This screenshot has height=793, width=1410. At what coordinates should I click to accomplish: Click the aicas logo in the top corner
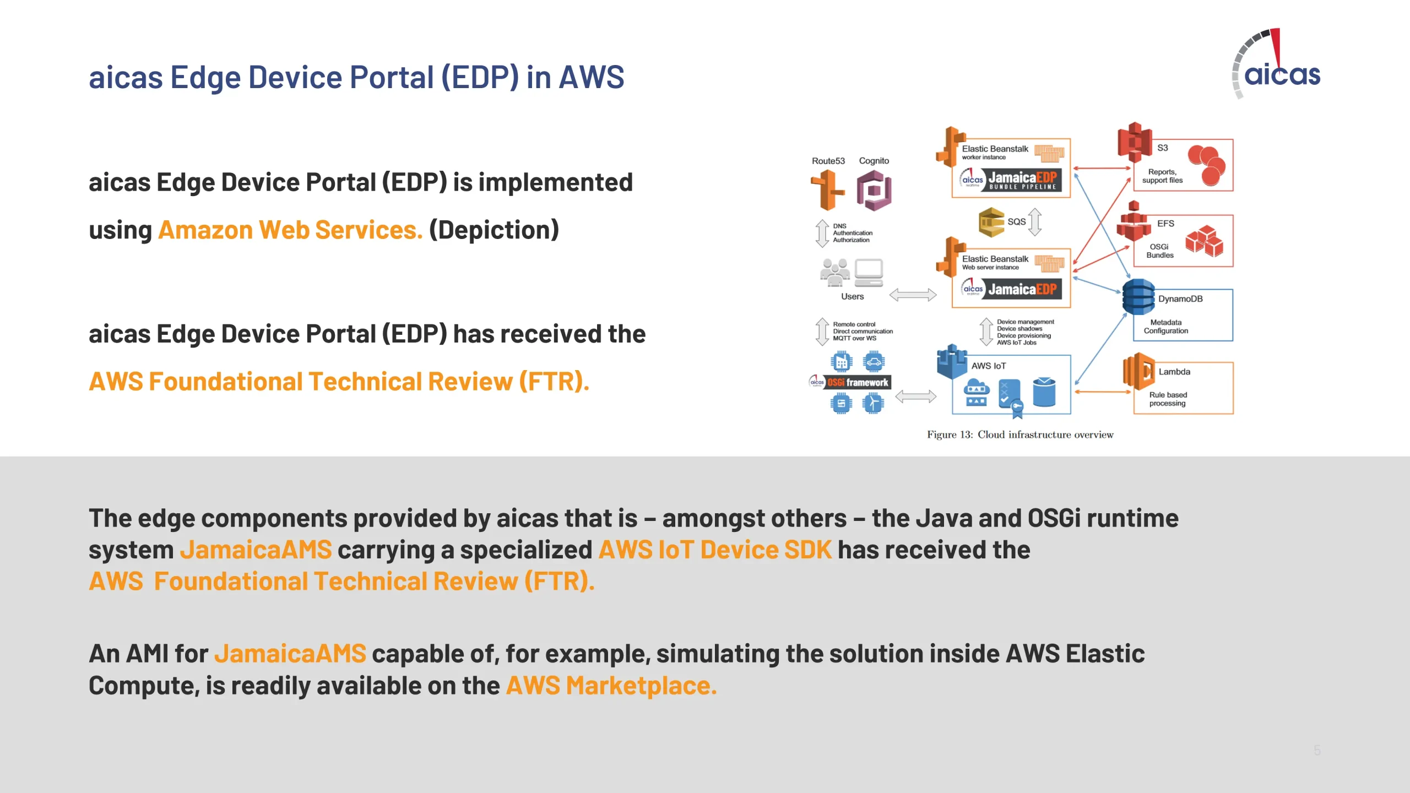click(x=1276, y=64)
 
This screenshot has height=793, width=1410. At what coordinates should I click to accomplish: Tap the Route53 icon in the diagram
click(x=827, y=190)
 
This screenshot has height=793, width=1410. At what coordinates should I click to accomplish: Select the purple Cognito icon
click(x=874, y=191)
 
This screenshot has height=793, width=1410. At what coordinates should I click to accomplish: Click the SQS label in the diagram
click(x=1016, y=221)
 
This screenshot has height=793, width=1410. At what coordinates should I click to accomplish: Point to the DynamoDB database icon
click(x=1138, y=297)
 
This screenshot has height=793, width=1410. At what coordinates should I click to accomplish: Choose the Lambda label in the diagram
click(x=1174, y=372)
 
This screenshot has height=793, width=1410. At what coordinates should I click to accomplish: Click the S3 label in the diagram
click(x=1162, y=148)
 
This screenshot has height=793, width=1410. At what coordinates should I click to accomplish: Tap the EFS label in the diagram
click(x=1165, y=223)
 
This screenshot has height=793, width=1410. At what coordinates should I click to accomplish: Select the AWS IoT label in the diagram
click(x=988, y=366)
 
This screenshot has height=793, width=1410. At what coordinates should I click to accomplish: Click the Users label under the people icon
click(x=852, y=296)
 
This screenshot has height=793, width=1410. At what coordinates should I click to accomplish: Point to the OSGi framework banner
click(x=850, y=382)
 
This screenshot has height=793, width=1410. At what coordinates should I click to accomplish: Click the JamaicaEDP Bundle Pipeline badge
click(x=1011, y=180)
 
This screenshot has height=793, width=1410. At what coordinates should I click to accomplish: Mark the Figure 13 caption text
click(x=1020, y=434)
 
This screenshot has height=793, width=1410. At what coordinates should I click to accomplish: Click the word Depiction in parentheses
click(x=494, y=230)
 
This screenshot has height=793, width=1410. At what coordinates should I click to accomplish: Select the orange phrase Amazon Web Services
click(x=290, y=230)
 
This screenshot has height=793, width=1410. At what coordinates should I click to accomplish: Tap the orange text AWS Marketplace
click(x=611, y=686)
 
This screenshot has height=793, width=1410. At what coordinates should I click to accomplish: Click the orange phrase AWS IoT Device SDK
click(x=715, y=550)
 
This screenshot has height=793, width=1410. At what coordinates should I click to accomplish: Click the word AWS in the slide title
click(x=592, y=77)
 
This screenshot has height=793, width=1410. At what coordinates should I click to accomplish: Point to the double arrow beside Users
click(x=913, y=295)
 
